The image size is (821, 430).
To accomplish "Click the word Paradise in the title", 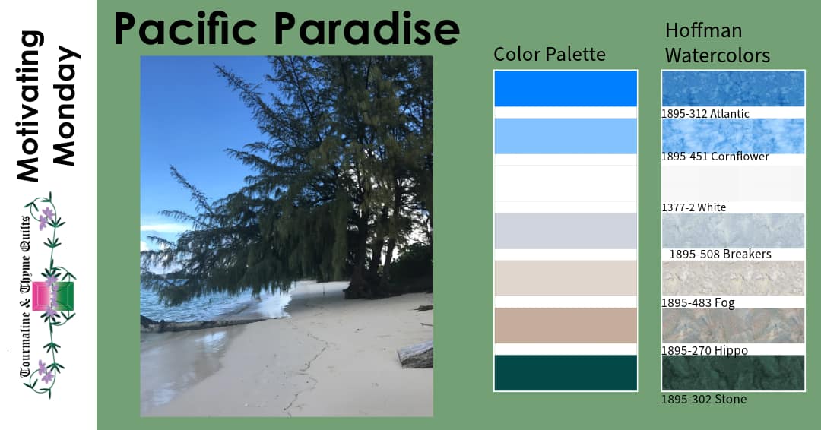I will click(x=366, y=29).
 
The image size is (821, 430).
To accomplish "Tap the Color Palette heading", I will click(x=549, y=54).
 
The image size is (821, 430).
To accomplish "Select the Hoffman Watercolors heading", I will click(x=717, y=43).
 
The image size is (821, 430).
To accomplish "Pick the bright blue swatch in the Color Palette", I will click(x=565, y=88).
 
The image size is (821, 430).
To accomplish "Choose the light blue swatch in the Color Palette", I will click(x=565, y=136).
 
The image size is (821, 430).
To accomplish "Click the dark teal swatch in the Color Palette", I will click(x=565, y=372).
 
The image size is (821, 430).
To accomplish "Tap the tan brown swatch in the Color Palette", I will click(x=565, y=325).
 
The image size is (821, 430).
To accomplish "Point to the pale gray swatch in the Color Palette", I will click(x=565, y=230).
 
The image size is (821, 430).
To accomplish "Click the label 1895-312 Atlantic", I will click(x=705, y=114).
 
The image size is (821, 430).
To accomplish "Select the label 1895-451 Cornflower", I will click(x=715, y=157).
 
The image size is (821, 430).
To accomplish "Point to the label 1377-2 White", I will click(x=693, y=207).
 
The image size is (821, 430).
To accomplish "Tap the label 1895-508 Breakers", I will click(x=720, y=254).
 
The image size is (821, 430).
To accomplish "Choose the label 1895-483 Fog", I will click(x=697, y=302).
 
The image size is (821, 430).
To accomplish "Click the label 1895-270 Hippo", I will click(x=704, y=350).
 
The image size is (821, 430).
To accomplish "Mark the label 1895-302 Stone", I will click(x=703, y=399).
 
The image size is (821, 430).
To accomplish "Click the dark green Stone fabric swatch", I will click(x=733, y=372).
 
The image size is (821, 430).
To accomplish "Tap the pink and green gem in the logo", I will click(x=52, y=296).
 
